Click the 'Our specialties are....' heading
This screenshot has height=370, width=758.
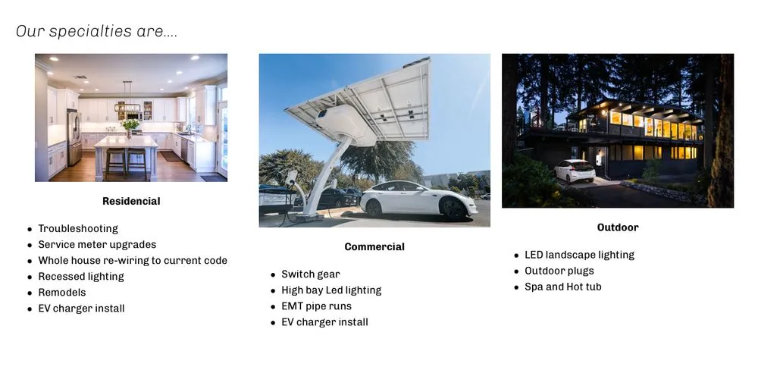pos(96,32)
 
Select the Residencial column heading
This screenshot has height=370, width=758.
pos(131,201)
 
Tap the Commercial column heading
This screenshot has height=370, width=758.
pos(374,246)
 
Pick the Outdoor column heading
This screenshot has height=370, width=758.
pos(618,227)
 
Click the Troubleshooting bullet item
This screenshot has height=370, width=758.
pos(78,228)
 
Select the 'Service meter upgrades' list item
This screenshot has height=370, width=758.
pos(97,244)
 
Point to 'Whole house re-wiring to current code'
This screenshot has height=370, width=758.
pos(133,260)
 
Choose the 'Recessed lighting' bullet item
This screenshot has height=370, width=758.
pos(81,276)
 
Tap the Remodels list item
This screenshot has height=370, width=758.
pos(62,292)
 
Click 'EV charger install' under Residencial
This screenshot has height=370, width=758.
pos(81,308)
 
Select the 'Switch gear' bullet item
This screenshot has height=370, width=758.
pos(311,274)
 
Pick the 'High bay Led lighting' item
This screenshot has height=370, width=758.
pos(331,290)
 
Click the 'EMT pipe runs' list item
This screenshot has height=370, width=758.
pos(316,306)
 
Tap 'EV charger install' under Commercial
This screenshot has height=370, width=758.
pos(324,321)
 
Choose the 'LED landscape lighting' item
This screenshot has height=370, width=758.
pos(579,255)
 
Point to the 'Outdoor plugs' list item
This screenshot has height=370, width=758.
pos(559,271)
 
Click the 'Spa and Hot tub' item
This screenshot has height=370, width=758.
pos(562,287)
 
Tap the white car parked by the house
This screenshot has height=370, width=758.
pos(574,170)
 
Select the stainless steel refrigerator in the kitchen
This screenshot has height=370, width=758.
pos(73,136)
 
